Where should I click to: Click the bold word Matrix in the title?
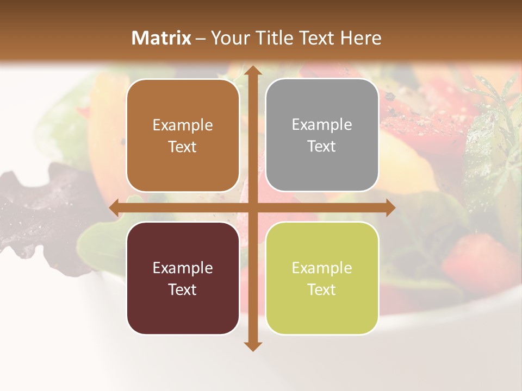coord(161,38)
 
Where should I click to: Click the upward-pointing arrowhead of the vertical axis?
coord(252,72)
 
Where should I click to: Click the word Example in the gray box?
coord(322,125)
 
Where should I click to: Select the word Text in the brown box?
coord(183,147)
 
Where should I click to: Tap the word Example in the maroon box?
coord(183,268)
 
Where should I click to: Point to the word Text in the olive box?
coord(322,289)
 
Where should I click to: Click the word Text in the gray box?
coord(322,147)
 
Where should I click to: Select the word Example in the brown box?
coord(183,125)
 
